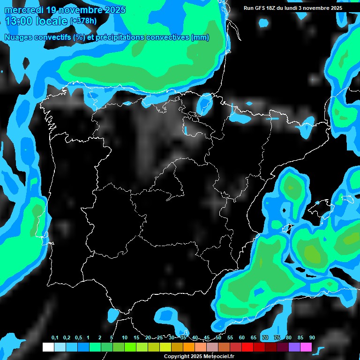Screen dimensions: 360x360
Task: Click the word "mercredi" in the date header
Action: (x=23, y=10)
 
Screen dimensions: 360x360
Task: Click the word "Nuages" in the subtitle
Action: (x=18, y=37)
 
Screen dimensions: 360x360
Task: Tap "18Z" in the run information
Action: (x=271, y=8)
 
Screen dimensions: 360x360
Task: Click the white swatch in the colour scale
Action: (x=48, y=347)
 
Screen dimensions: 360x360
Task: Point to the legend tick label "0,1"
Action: (x=55, y=338)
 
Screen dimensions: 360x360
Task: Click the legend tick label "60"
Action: (x=242, y=338)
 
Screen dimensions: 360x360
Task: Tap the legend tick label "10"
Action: (x=125, y=338)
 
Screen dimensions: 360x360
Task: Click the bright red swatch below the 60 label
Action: (x=247, y=347)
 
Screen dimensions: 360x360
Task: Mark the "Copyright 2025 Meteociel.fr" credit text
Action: (x=199, y=356)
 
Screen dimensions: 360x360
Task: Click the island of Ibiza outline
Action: (x=287, y=230)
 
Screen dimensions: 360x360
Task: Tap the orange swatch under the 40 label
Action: (x=189, y=347)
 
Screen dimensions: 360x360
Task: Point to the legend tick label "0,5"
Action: (x=78, y=338)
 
